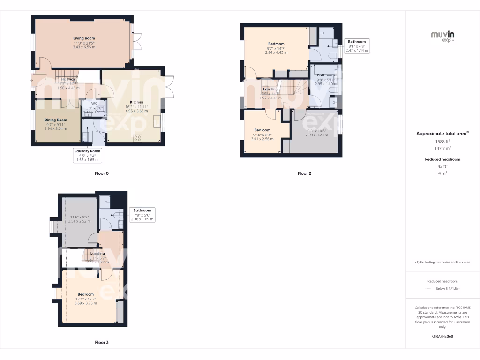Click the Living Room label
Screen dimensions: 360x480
[84, 38]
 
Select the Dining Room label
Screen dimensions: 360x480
[56, 120]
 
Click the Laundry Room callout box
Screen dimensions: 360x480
[87, 155]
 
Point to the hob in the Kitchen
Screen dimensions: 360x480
[138, 137]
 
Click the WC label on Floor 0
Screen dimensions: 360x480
[94, 103]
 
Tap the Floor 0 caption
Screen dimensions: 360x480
[101, 173]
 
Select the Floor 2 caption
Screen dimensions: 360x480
[304, 173]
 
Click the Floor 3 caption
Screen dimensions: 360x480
[102, 343]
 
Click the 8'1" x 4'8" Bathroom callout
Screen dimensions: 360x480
[357, 46]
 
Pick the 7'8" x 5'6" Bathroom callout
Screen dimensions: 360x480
[142, 215]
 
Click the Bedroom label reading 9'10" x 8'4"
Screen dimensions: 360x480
[262, 130]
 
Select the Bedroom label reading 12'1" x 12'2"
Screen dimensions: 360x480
[86, 294]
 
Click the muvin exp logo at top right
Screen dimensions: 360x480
[442, 36]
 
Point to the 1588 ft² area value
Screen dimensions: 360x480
[442, 141]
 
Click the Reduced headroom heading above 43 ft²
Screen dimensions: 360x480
[442, 159]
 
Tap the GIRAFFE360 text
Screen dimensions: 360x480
[442, 336]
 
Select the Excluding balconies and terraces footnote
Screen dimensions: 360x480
[442, 262]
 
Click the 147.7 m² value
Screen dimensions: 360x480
[442, 148]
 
